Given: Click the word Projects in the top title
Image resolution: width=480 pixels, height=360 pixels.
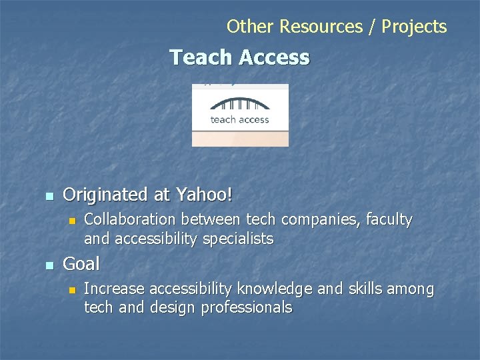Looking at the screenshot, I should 415,27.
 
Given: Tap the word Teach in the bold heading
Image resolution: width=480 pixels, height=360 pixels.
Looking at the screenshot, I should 198,57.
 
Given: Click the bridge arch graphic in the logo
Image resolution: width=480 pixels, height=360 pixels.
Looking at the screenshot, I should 240,104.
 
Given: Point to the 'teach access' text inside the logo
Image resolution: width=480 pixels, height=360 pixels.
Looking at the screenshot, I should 240,120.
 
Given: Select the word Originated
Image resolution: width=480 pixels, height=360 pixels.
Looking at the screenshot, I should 105,195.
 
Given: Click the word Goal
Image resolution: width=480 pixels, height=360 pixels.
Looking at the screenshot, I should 81,264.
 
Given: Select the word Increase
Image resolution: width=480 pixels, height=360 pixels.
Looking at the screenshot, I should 114,289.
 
